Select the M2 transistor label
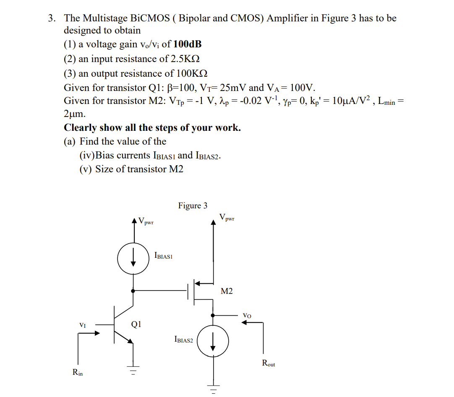coord(227,291)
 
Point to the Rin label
coord(78,371)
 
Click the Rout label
coord(269,363)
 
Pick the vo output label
coord(247,315)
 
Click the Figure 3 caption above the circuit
coord(193,205)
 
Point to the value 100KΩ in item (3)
coord(191,73)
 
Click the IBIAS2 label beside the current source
coord(183,340)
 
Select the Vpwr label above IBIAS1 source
coord(146,221)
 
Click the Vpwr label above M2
coord(227,217)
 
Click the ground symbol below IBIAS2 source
coord(213,389)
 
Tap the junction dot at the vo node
coord(213,315)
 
